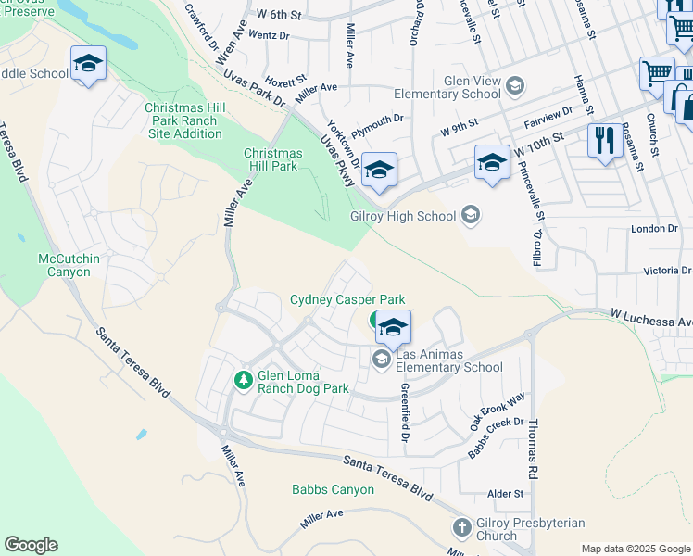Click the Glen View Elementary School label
448,87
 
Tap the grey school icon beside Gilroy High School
471,216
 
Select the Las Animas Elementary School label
449,361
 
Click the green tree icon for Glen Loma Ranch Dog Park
243,379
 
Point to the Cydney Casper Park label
346,299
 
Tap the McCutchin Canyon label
77,265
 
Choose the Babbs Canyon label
333,489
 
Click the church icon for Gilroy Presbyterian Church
461,528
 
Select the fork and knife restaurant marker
605,141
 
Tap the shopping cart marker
656,72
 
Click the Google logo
31,545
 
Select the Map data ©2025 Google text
635,549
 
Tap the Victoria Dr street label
659,272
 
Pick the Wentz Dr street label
270,36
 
